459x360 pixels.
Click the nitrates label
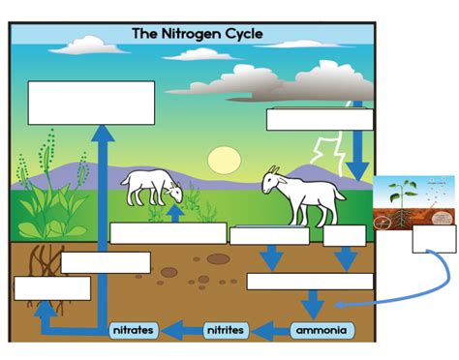click(133, 331)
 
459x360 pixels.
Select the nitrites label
click(226, 331)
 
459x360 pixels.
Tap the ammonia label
click(322, 331)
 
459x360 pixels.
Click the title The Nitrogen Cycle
click(197, 35)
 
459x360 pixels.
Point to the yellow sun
click(223, 160)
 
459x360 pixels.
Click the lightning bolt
click(324, 155)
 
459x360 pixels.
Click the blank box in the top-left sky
click(91, 103)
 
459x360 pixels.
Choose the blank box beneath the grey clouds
click(320, 119)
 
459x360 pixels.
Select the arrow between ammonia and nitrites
click(272, 331)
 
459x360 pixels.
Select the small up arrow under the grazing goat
click(174, 212)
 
